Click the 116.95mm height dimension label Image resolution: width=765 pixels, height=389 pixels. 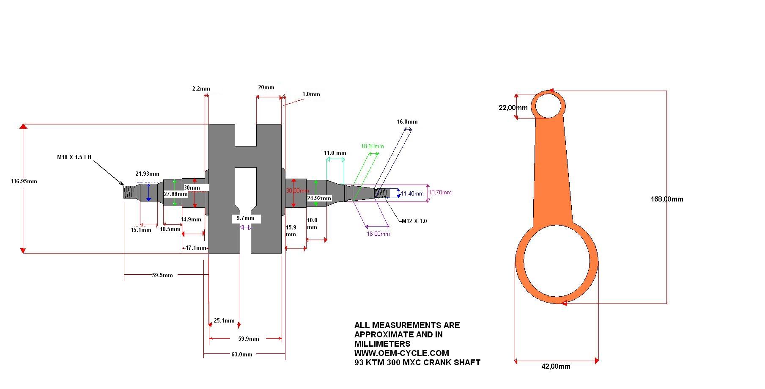click(24, 182)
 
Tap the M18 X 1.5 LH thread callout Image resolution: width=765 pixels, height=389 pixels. click(74, 157)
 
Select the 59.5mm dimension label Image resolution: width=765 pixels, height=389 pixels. click(162, 276)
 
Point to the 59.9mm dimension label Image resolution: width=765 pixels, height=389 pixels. click(249, 339)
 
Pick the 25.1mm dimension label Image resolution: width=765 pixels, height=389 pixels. click(224, 321)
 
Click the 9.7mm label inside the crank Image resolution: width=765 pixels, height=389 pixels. click(246, 218)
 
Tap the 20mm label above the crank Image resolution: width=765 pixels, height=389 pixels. click(266, 88)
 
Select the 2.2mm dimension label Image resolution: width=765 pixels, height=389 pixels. click(201, 89)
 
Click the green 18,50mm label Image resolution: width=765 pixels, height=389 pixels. click(372, 146)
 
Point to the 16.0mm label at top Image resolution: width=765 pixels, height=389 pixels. click(407, 122)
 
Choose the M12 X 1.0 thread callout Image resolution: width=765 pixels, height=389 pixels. click(414, 221)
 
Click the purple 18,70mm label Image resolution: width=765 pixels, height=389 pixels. click(440, 193)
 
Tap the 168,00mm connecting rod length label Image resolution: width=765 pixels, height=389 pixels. click(666, 199)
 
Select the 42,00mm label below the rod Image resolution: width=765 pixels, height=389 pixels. click(556, 367)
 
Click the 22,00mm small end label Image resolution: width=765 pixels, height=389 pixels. click(513, 108)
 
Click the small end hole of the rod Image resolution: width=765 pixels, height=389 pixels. click(548, 105)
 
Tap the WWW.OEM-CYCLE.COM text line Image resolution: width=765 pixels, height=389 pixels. click(401, 353)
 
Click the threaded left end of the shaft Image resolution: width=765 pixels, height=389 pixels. click(129, 193)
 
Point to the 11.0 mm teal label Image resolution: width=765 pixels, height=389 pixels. click(335, 153)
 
